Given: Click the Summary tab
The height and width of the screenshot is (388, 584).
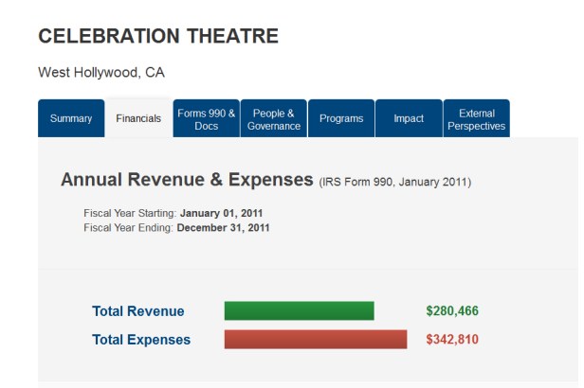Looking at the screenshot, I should (71, 118).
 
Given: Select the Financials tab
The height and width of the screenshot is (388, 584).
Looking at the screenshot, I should (138, 118).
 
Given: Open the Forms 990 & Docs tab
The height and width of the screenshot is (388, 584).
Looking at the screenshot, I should (206, 118).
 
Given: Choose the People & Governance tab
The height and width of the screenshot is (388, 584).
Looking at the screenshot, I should (273, 118).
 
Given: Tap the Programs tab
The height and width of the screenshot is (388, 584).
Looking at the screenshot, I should (341, 118).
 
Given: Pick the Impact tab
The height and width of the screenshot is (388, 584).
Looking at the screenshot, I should (409, 118).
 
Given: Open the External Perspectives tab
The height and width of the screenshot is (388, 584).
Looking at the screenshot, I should (476, 118).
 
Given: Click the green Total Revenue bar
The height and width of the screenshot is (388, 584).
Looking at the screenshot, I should (299, 310).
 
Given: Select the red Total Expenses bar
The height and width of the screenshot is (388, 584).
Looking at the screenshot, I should (315, 339).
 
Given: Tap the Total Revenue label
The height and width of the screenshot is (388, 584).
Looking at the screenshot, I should (138, 311).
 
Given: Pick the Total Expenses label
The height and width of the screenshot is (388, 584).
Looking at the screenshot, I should (141, 340).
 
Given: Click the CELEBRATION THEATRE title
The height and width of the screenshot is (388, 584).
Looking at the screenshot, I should (158, 37).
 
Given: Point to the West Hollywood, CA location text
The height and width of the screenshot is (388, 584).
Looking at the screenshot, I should (101, 73).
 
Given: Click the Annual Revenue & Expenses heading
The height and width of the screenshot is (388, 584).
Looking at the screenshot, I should (187, 180).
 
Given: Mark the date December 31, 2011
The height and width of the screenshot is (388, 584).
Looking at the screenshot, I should (224, 227).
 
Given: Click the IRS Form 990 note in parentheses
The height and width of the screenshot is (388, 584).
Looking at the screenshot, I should (395, 182).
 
